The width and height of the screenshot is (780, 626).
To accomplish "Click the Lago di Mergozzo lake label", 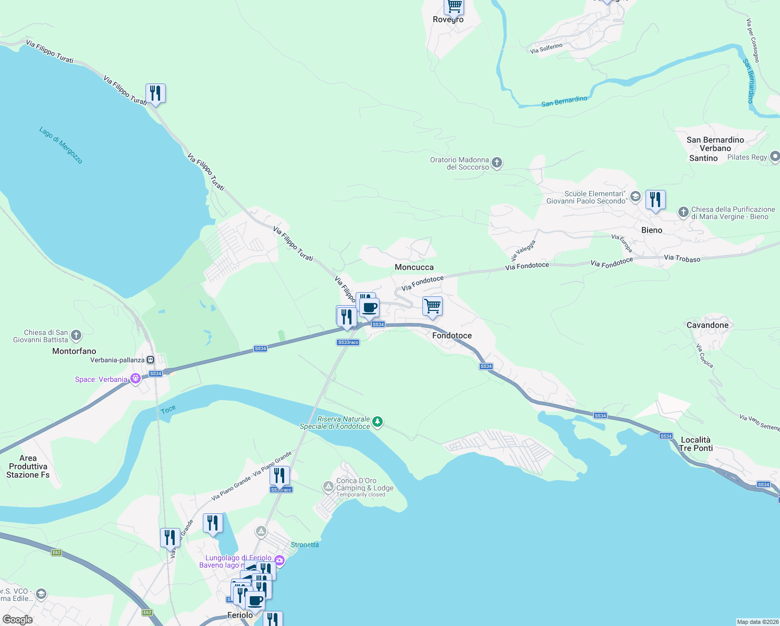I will point(61,145).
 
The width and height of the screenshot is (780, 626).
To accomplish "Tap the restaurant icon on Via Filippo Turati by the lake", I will point(155,93).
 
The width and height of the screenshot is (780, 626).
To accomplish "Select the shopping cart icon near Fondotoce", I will point(432,306).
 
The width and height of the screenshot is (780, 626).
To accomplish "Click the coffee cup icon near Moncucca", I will point(370,308).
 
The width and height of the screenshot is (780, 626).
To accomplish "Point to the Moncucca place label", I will point(414,267).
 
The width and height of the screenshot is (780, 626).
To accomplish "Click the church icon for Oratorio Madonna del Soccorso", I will point(497,163).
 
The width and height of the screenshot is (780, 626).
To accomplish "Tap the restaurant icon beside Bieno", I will point(655,200).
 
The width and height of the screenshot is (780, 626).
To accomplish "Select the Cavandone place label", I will point(707,325).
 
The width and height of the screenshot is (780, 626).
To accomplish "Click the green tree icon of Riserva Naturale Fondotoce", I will point(377,422).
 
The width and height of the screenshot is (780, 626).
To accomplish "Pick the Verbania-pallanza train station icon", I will point(151,359).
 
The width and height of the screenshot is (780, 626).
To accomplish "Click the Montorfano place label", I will point(74,351).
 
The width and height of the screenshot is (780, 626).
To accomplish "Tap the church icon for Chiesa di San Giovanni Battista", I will point(76,335).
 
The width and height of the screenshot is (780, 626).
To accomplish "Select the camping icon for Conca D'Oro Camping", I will point(328,487).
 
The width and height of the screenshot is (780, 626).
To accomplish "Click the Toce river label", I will point(168,410).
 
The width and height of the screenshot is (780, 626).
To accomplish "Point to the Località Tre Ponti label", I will point(696,444).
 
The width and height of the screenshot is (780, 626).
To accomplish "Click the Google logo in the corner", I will point(18,619).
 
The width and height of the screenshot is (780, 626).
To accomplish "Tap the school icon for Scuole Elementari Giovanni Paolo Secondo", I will point(635,197).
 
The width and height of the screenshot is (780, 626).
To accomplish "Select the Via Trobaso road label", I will point(682,258).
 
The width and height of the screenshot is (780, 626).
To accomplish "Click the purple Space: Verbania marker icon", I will point(136,379).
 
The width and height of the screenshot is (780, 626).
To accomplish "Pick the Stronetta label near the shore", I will point(304,545).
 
